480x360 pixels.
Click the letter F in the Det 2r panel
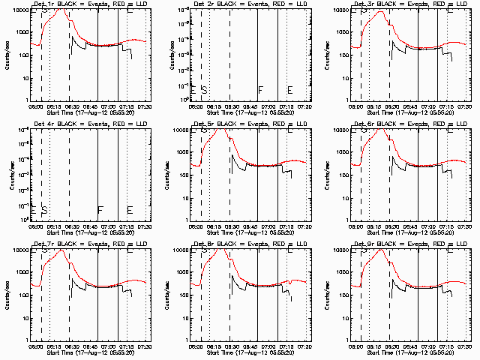260,90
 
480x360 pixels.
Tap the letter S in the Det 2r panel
204,90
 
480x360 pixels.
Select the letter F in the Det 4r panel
100,209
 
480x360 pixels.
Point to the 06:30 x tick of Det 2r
230,106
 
